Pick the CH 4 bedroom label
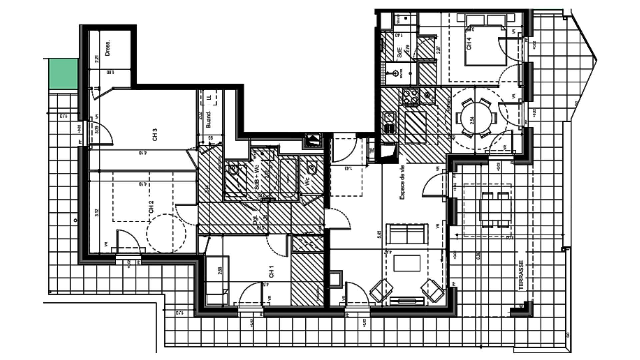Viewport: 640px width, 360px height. (x=469, y=43)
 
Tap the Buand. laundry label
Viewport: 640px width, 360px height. (x=209, y=120)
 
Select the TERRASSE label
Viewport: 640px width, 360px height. (x=521, y=275)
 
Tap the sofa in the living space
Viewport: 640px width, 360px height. (x=407, y=234)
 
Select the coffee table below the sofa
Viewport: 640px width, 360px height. (x=408, y=263)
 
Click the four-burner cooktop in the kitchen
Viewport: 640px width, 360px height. (x=410, y=97)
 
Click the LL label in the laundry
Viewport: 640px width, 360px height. (x=209, y=98)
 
